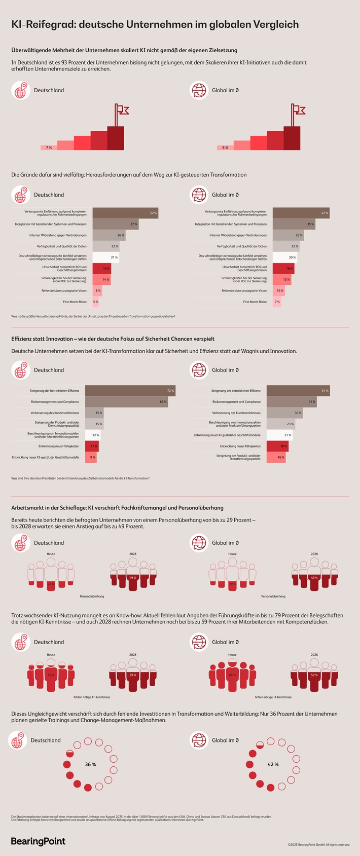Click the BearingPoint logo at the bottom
[x=39, y=841]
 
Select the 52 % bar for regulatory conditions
[x=125, y=213]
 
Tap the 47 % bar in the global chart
[x=301, y=213]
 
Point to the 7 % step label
[x=49, y=147]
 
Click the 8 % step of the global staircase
[x=225, y=147]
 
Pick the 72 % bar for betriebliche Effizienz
[x=130, y=390]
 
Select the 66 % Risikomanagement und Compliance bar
[x=126, y=401]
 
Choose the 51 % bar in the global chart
[x=298, y=390]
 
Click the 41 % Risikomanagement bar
[x=292, y=401]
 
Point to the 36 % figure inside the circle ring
[x=90, y=764]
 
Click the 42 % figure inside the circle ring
[x=273, y=764]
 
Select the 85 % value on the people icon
[x=232, y=675]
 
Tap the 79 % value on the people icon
[x=51, y=675]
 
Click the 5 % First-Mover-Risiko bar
[x=95, y=302]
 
